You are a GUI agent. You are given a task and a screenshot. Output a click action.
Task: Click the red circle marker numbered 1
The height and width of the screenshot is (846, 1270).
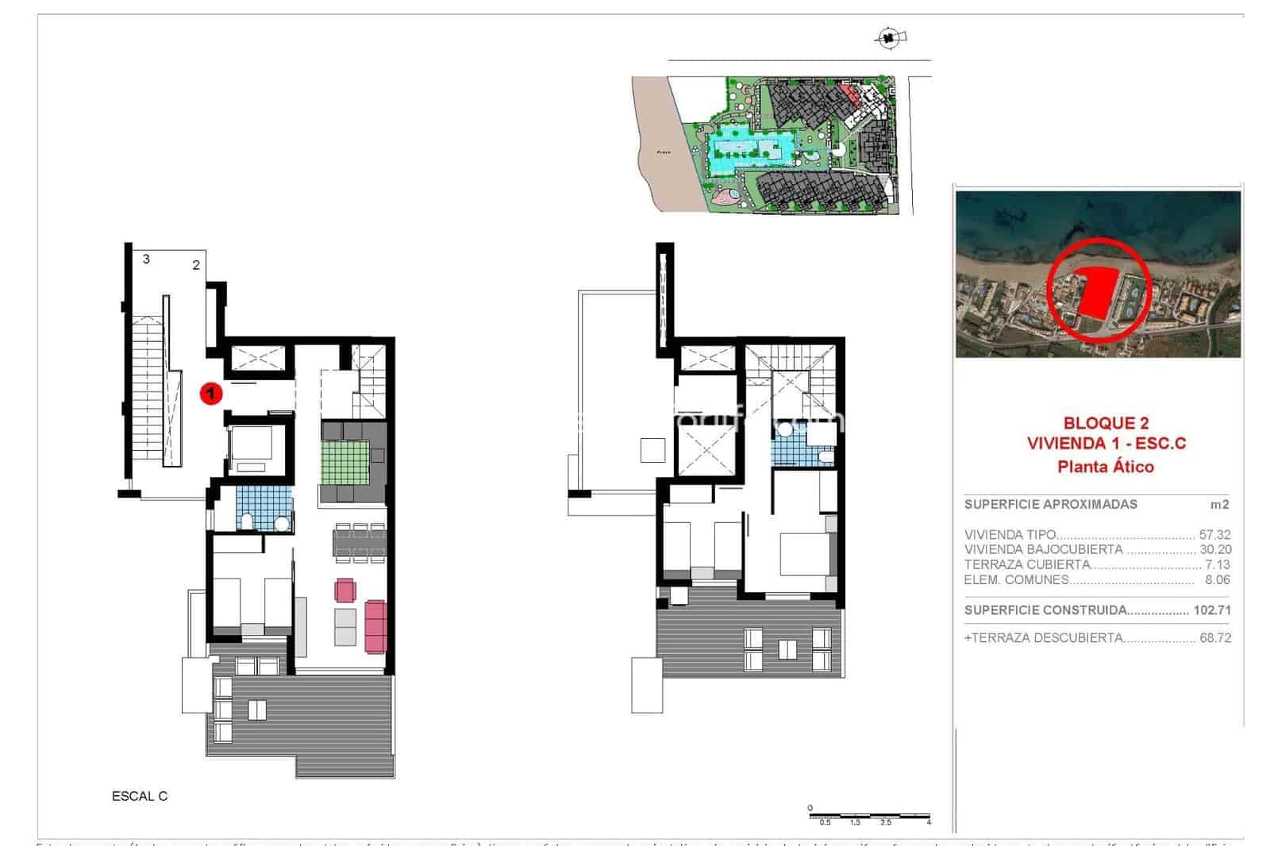click(x=210, y=392)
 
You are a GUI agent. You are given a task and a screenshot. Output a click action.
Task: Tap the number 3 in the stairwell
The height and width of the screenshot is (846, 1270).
click(x=146, y=259)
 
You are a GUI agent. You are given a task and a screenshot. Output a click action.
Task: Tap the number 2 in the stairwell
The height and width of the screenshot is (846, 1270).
click(x=196, y=265)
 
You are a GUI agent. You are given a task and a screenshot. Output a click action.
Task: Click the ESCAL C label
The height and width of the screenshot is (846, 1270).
click(x=140, y=796)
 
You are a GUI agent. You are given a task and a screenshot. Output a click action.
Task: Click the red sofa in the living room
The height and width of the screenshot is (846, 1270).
click(x=375, y=626)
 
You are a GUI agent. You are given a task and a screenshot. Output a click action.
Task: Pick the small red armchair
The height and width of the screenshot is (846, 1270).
click(x=346, y=590)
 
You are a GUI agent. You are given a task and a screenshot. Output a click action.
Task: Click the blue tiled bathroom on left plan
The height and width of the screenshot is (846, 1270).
click(x=264, y=509)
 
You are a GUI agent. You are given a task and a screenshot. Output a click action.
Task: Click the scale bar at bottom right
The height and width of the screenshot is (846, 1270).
click(x=869, y=817)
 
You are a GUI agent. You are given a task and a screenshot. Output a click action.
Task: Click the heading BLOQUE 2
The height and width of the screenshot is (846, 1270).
click(x=1106, y=424)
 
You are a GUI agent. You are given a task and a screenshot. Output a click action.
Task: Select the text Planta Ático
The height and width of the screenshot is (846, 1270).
click(x=1106, y=467)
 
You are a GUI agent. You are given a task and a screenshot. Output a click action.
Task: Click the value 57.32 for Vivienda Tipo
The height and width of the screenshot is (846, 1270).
click(x=1215, y=535)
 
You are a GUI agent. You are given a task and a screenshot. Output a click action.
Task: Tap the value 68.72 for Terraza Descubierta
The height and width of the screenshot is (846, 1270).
click(x=1215, y=637)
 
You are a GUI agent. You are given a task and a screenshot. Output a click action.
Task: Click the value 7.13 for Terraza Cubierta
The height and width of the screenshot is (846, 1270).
click(x=1218, y=565)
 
